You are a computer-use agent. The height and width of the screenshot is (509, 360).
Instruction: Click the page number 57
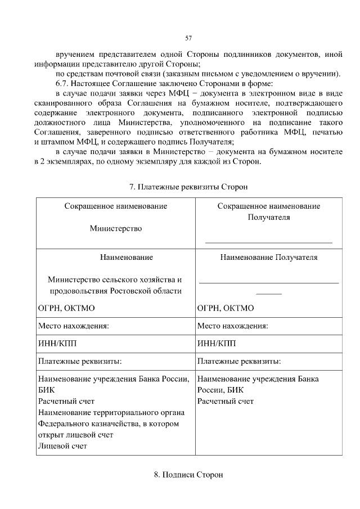(188, 38)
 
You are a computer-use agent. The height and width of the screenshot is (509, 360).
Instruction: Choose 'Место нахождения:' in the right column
(233, 326)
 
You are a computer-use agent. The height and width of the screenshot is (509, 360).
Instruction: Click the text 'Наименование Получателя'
(269, 258)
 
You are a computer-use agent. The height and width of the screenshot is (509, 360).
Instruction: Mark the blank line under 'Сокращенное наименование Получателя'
(269, 242)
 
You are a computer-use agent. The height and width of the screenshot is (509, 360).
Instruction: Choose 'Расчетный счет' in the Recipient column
(226, 401)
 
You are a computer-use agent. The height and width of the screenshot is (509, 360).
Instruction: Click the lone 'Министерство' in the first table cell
(115, 228)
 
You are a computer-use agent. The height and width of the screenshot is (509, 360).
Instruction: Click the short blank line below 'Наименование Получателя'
(269, 293)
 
